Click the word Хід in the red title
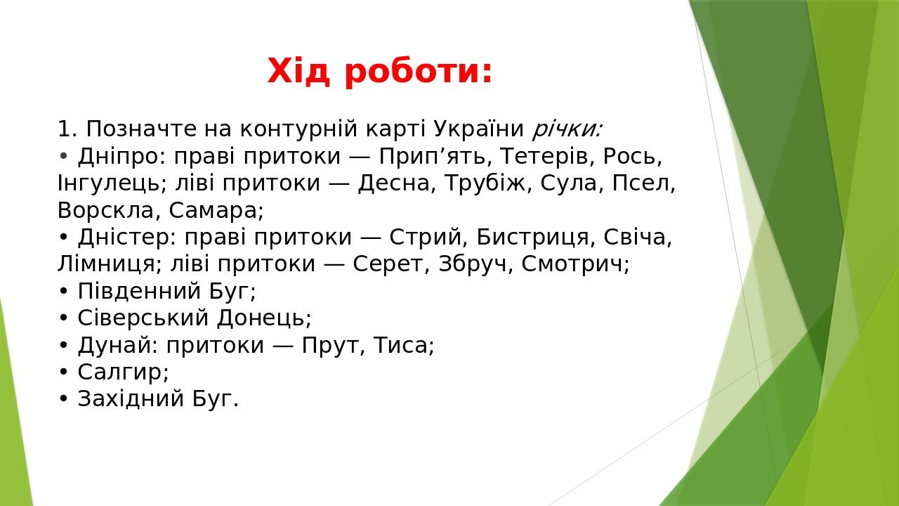coord(298,72)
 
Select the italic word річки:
coord(567,129)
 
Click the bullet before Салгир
coord(63,372)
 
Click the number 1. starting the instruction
coord(67,129)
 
